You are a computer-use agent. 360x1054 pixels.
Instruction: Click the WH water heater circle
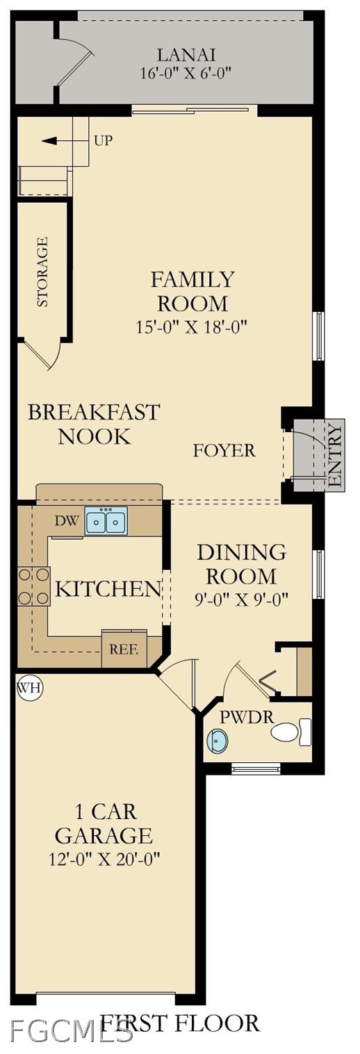[x=30, y=688]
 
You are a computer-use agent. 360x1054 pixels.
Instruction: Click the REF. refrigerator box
[x=124, y=650]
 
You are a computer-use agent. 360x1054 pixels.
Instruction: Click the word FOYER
[x=224, y=450]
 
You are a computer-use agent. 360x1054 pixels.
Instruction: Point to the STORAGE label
[x=42, y=272]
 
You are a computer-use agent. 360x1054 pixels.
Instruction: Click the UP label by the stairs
[x=104, y=140]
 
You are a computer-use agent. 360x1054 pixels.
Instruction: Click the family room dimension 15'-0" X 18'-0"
[x=192, y=327]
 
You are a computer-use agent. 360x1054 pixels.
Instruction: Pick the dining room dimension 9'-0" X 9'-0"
[x=241, y=599]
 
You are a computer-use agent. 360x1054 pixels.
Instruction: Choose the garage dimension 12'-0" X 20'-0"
[x=104, y=859]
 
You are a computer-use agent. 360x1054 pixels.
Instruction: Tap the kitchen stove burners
[x=34, y=586]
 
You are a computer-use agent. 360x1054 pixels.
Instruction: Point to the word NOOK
[x=94, y=436]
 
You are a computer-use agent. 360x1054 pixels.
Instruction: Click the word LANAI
[x=186, y=55]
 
